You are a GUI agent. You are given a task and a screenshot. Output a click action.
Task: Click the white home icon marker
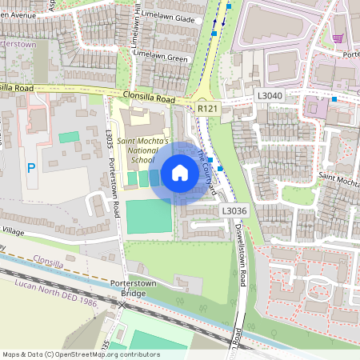coord(180,172)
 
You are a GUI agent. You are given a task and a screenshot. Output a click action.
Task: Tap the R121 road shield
coord(208,108)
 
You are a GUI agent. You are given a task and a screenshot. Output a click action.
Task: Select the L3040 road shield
coord(270,95)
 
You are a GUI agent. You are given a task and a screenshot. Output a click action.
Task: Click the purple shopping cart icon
coord(338,38)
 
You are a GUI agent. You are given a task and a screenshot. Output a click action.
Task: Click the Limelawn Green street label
coord(160,58)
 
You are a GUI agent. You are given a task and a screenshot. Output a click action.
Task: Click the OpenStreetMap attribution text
coord(81,354)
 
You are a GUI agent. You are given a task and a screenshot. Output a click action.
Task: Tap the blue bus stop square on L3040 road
coord(334,99)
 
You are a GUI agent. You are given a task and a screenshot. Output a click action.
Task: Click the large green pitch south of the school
coord(149,217)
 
